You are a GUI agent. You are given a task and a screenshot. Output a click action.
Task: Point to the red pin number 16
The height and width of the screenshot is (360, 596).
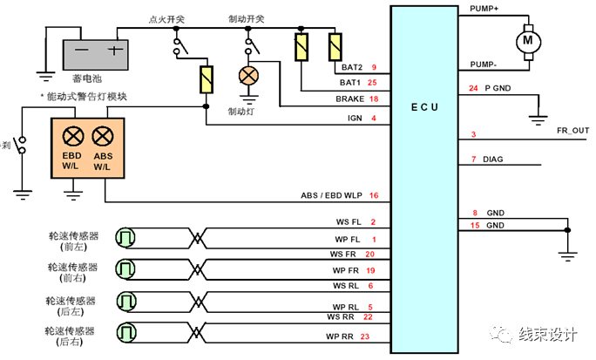373,195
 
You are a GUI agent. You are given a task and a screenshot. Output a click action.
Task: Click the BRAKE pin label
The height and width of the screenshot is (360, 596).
349,99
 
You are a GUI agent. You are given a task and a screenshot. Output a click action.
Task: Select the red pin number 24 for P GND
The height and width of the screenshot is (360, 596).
473,88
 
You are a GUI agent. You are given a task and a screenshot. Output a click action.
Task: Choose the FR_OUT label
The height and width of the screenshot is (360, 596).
572,130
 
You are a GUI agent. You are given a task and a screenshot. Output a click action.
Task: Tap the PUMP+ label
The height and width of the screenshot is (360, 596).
484,8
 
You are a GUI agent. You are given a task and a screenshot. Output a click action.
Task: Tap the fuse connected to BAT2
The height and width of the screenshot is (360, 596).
334,46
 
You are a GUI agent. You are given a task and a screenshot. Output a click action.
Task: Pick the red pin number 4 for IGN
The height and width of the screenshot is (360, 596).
373,117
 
